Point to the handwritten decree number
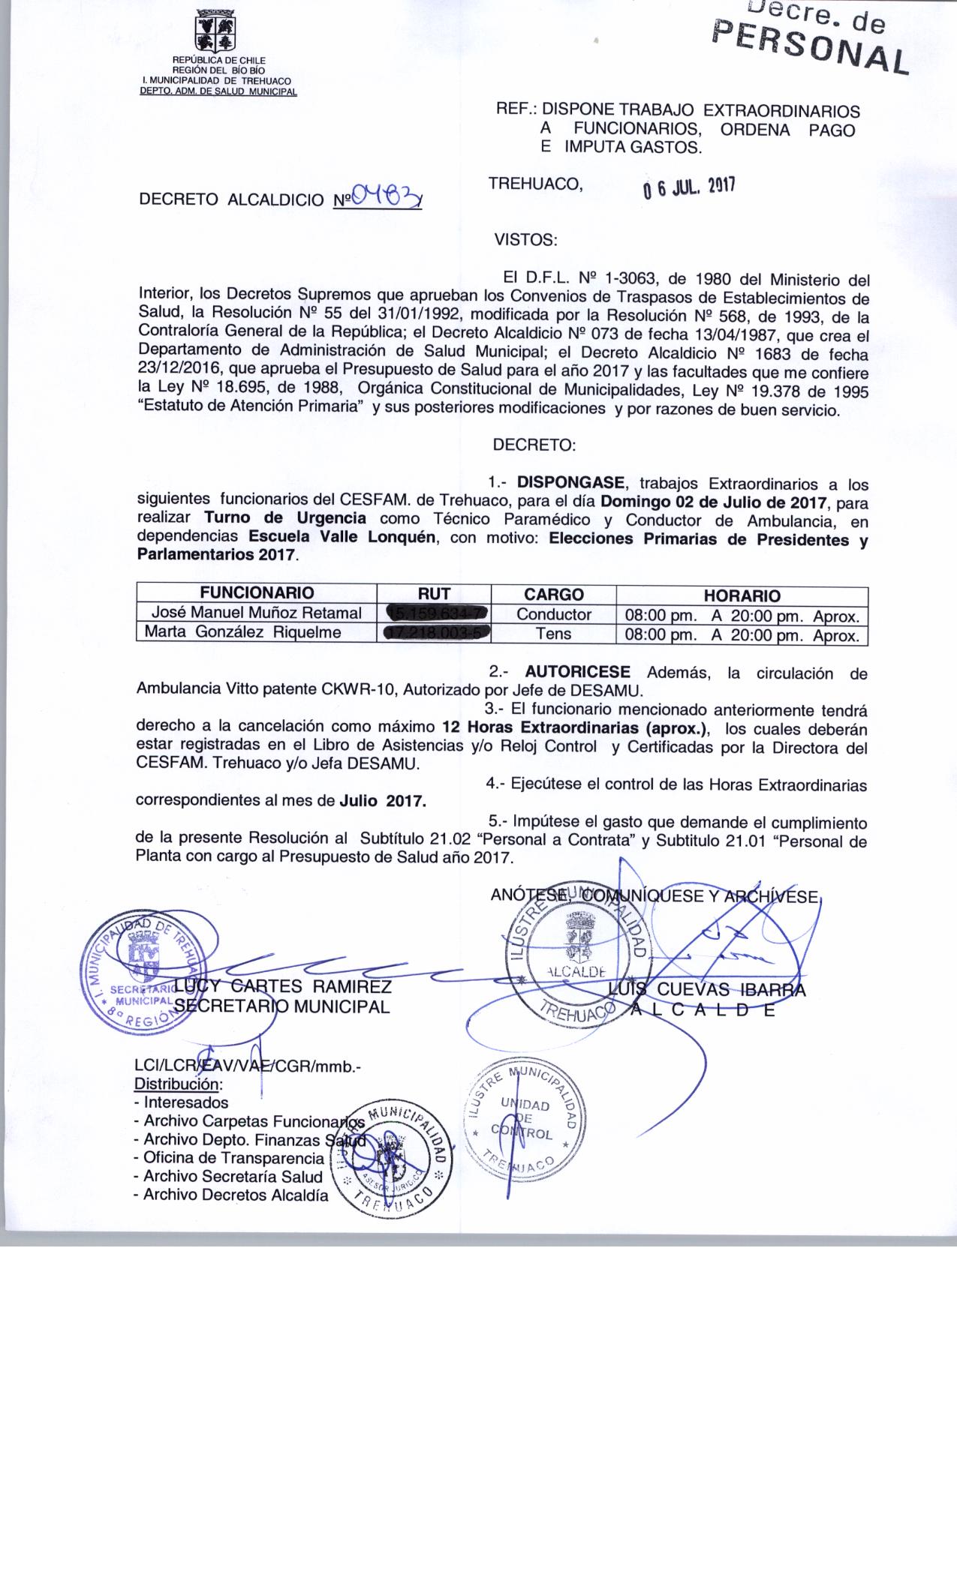tap(386, 198)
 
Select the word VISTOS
tap(525, 241)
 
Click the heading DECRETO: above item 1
tap(534, 445)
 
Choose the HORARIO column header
tap(742, 596)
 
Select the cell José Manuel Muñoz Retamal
tap(256, 614)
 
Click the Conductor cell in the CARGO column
tap(553, 615)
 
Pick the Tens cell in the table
tap(553, 634)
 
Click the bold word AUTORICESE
tap(577, 672)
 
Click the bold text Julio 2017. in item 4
tap(383, 801)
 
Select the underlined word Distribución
tap(178, 1084)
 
